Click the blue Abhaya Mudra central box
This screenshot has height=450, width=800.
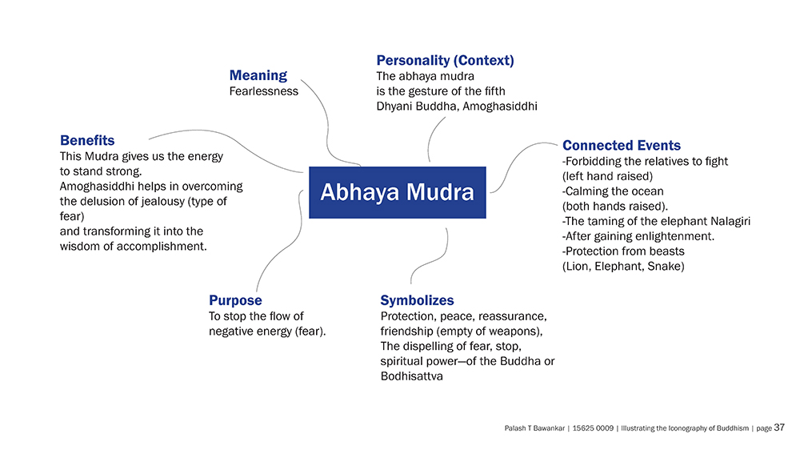398,192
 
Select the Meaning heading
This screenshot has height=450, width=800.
258,75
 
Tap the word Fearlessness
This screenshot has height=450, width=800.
264,91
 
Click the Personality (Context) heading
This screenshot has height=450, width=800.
445,60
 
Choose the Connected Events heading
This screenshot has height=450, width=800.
622,146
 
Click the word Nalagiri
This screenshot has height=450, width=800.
730,222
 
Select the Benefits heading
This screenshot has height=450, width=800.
87,140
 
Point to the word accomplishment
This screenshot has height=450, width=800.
162,247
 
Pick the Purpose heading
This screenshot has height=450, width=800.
235,300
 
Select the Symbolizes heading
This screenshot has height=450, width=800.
417,300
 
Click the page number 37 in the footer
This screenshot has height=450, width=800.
779,428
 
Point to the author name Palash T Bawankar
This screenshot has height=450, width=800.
534,428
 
